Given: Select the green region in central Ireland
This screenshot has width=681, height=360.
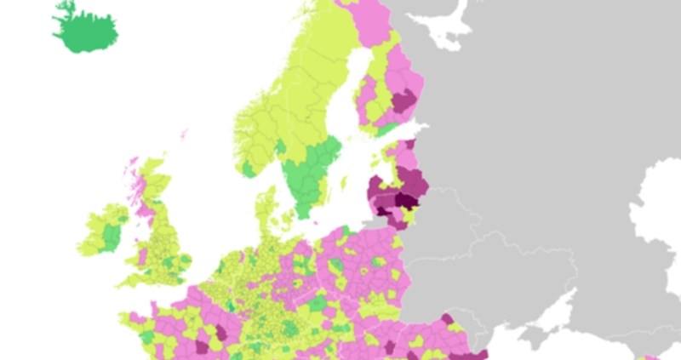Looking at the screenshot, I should pos(110,233).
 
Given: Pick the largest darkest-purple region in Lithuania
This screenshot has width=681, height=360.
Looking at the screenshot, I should pos(407,200).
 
